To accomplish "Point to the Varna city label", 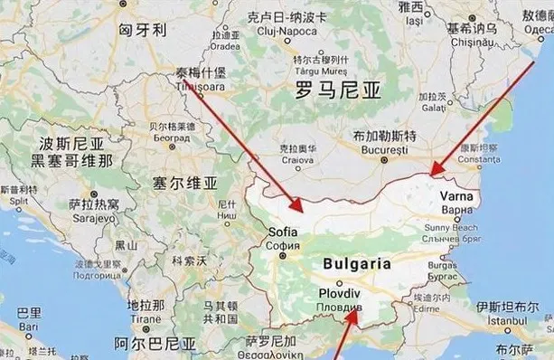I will click(x=455, y=194).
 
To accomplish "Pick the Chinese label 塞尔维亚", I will click(x=186, y=183).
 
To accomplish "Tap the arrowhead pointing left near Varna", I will click(x=433, y=173).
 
